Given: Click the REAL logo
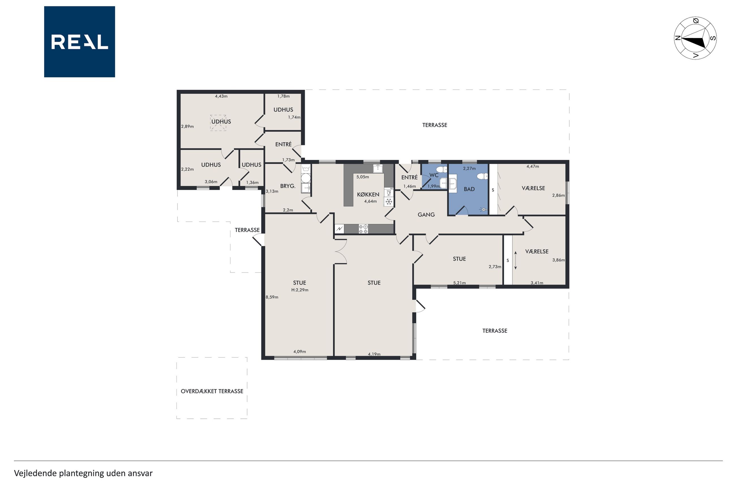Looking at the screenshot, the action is [x=80, y=42].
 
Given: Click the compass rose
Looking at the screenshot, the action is [x=695, y=38].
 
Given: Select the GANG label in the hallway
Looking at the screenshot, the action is [x=426, y=215].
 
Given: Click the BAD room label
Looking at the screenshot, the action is [x=469, y=189].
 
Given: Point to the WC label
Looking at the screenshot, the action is [x=434, y=175].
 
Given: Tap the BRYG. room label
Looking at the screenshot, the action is [x=288, y=186].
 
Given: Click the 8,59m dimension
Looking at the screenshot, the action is [x=272, y=297].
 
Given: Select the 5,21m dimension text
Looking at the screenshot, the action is [x=459, y=283].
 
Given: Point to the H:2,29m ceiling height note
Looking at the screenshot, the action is [x=300, y=290].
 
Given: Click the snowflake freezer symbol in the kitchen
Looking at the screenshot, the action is [x=388, y=202].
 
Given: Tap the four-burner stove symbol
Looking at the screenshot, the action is [x=363, y=229].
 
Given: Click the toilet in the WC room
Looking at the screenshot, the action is [x=442, y=170].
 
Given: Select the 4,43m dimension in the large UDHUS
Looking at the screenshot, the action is [x=221, y=96].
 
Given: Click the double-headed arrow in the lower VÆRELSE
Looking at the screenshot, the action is [x=515, y=260].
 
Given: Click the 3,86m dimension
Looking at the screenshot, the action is [x=558, y=260].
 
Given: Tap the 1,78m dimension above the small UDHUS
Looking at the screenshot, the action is [x=283, y=96].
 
